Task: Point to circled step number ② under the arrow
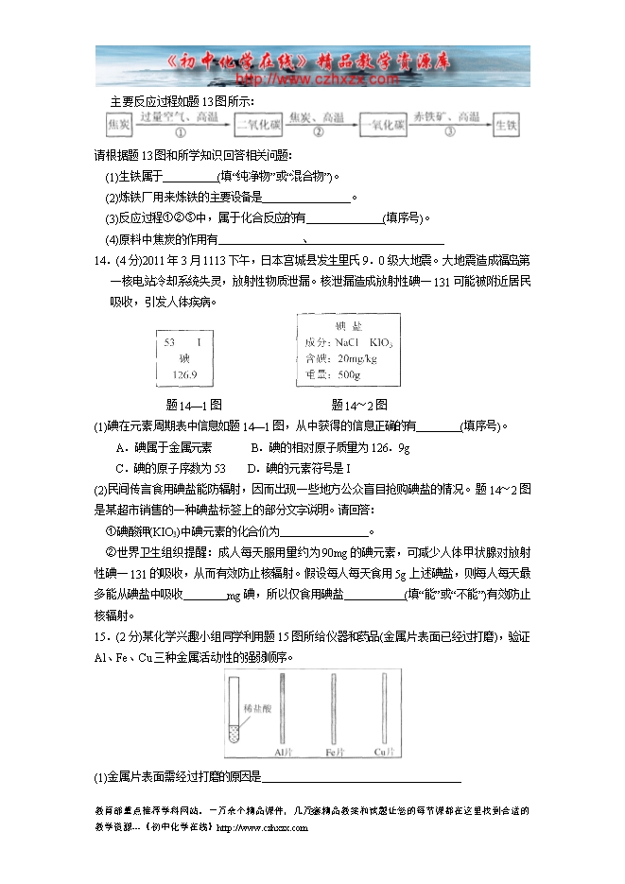tap(318, 133)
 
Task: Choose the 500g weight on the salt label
tap(349, 374)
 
